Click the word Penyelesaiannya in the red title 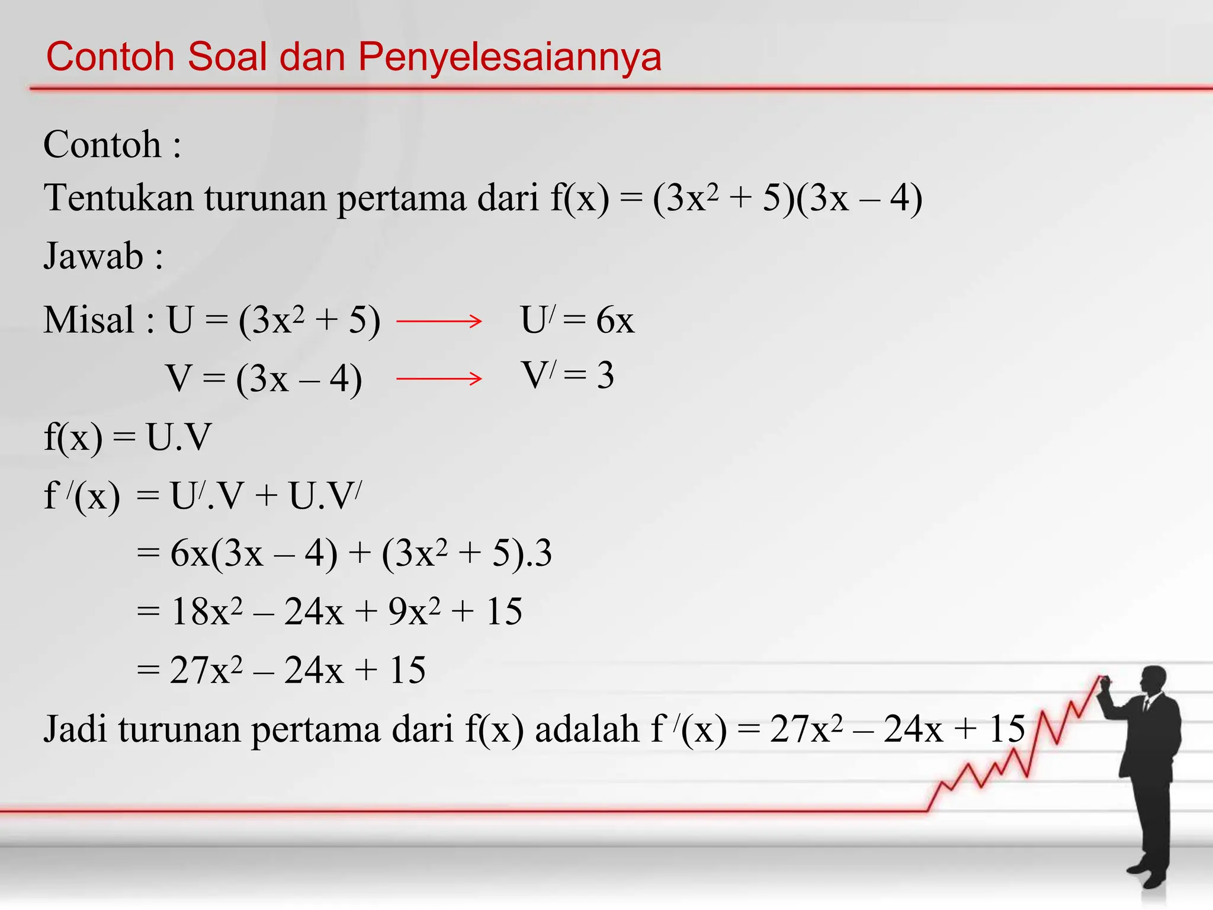[509, 57]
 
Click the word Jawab [94, 256]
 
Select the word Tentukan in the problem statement [118, 198]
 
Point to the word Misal [89, 320]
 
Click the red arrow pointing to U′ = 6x [439, 321]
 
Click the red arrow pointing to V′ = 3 [439, 378]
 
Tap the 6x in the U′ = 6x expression [615, 321]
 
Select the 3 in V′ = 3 [605, 375]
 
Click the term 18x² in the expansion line [206, 611]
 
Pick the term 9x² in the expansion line [414, 611]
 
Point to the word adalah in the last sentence [586, 729]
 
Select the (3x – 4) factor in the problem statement [859, 198]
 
